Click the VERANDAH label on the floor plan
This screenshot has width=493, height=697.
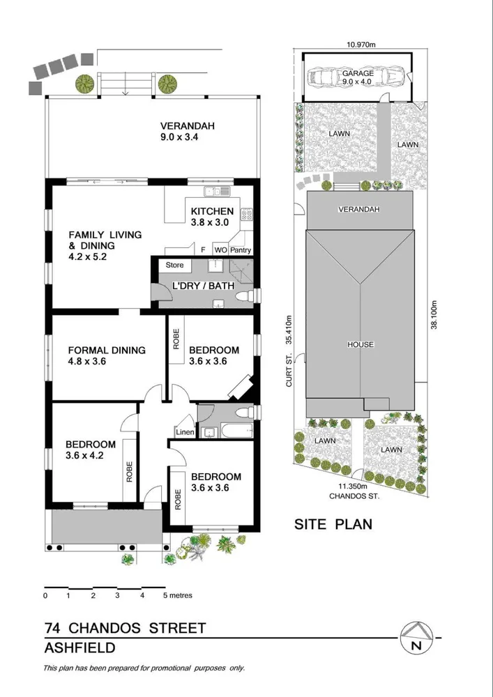pyautogui.click(x=187, y=126)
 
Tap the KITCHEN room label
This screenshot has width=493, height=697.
pyautogui.click(x=212, y=211)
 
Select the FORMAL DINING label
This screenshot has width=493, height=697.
pyautogui.click(x=107, y=350)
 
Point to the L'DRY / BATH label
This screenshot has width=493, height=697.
pyautogui.click(x=204, y=286)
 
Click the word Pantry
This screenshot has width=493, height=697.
pyautogui.click(x=241, y=250)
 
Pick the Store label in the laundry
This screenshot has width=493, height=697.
pyautogui.click(x=174, y=265)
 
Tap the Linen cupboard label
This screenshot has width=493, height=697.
pyautogui.click(x=185, y=433)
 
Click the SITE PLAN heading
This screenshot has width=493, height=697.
pyautogui.click(x=333, y=523)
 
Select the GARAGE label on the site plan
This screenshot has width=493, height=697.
pyautogui.click(x=358, y=73)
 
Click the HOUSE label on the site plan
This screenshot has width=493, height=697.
pyautogui.click(x=361, y=344)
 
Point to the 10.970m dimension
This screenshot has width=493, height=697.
pyautogui.click(x=361, y=45)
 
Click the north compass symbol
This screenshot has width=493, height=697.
pyautogui.click(x=417, y=637)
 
